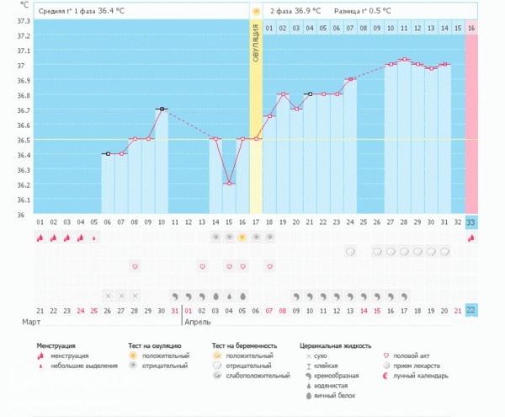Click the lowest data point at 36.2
[229, 184]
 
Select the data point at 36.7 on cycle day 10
[161, 110]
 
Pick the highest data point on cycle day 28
[405, 60]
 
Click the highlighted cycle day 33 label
[471, 222]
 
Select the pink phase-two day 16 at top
[471, 29]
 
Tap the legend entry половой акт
[415, 356]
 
